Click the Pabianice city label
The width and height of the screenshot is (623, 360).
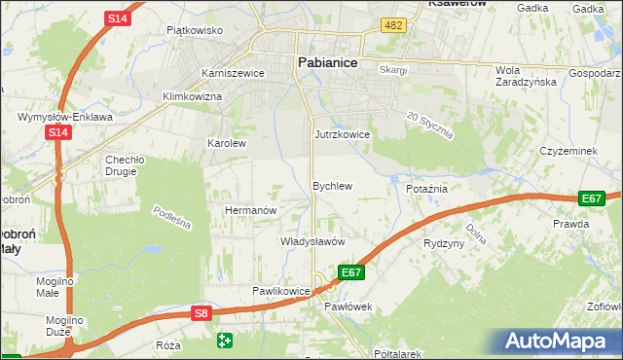pyautogui.click(x=326, y=61)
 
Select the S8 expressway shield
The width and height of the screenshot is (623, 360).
pyautogui.click(x=201, y=312)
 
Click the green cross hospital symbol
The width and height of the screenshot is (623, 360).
pyautogui.click(x=226, y=340)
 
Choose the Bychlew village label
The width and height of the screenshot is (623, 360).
pyautogui.click(x=331, y=185)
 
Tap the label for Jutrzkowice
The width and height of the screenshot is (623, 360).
pyautogui.click(x=342, y=134)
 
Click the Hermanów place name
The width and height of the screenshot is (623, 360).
pyautogui.click(x=252, y=209)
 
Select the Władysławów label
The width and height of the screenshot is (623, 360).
pyautogui.click(x=313, y=240)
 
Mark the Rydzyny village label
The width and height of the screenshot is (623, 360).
pyautogui.click(x=444, y=243)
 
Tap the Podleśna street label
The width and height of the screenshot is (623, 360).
pyautogui.click(x=171, y=217)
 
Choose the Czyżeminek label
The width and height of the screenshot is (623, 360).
pyautogui.click(x=573, y=151)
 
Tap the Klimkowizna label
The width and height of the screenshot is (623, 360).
pyautogui.click(x=192, y=97)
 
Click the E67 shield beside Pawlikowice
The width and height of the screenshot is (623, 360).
pyautogui.click(x=351, y=272)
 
